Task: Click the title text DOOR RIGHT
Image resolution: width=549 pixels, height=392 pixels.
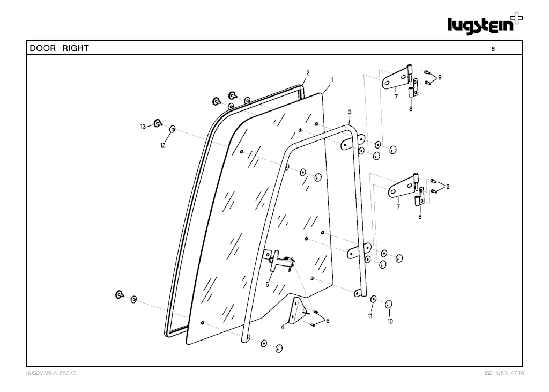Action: [x=59, y=48]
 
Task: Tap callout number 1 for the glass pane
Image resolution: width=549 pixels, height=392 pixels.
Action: [x=332, y=80]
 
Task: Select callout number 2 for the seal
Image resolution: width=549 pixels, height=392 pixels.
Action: [x=308, y=73]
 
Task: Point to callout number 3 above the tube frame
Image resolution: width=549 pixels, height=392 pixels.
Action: [x=350, y=112]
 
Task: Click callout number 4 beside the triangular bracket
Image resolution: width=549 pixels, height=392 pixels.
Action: [x=282, y=328]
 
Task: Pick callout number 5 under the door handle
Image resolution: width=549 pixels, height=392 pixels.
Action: [x=267, y=285]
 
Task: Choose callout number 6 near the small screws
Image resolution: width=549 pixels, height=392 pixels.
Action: [x=328, y=321]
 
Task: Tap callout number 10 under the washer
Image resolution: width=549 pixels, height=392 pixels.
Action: [x=390, y=321]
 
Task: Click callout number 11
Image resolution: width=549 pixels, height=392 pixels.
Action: [x=370, y=316]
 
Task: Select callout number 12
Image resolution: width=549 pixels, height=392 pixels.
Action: [x=162, y=145]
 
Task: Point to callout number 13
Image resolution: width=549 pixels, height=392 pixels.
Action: [x=143, y=127]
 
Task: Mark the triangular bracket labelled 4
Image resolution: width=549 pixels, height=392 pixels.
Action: [x=298, y=310]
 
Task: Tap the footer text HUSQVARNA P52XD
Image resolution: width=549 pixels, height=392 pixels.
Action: [x=51, y=373]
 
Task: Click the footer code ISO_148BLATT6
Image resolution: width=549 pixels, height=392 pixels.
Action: [x=504, y=373]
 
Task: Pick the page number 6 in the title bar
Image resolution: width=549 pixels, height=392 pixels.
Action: [x=493, y=49]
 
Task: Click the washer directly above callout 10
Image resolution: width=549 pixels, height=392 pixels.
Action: [x=388, y=304]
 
